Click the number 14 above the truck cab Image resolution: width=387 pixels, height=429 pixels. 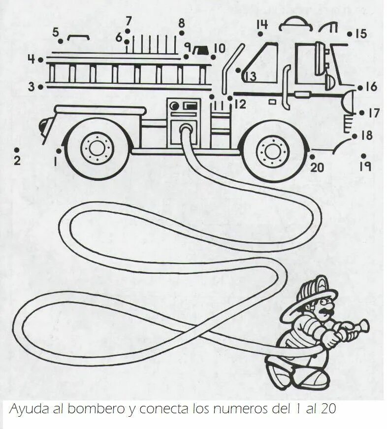261,25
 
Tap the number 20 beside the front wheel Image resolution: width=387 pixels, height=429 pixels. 318,167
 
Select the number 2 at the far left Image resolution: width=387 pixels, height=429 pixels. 17,160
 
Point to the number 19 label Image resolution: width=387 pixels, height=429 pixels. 365,166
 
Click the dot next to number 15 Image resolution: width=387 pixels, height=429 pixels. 349,34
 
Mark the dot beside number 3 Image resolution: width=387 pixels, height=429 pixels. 40,87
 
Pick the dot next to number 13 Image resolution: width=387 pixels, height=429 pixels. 238,70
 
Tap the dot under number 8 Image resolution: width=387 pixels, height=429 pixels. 181,33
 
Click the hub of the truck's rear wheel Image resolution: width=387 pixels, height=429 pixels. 97,147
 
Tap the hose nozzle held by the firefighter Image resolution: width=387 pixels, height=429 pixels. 358,326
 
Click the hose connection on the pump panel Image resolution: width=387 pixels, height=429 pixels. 186,129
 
